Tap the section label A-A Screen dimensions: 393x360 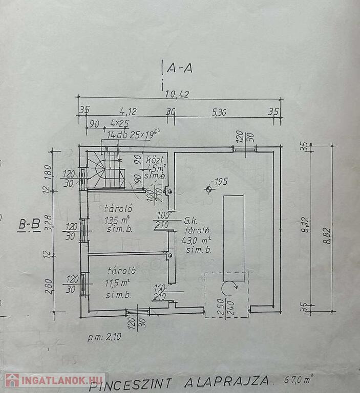click(179, 67)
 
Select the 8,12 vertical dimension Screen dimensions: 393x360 click(305, 227)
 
